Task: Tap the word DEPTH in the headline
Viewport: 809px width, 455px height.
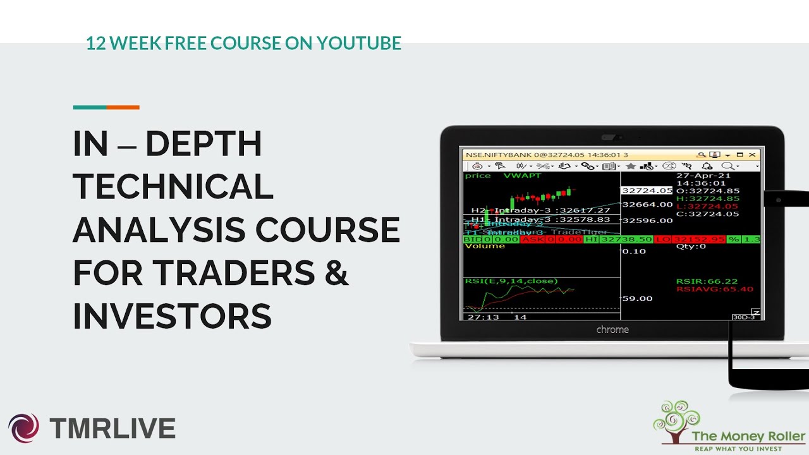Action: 204,144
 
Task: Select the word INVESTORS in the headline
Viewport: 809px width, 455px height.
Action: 172,316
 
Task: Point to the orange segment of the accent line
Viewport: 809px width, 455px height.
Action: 123,107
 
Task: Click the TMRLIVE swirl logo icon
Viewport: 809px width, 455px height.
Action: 23,428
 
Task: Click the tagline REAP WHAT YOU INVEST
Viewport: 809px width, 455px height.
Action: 738,449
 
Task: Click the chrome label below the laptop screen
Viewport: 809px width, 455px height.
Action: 612,329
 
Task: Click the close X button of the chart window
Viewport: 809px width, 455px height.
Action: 752,154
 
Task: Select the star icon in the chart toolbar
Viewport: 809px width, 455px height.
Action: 630,166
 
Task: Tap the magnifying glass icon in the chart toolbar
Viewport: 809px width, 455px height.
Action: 727,166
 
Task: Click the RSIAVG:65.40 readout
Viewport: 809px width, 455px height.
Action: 714,289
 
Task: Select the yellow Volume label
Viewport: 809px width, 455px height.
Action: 485,246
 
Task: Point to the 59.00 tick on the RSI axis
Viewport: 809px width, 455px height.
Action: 637,298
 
